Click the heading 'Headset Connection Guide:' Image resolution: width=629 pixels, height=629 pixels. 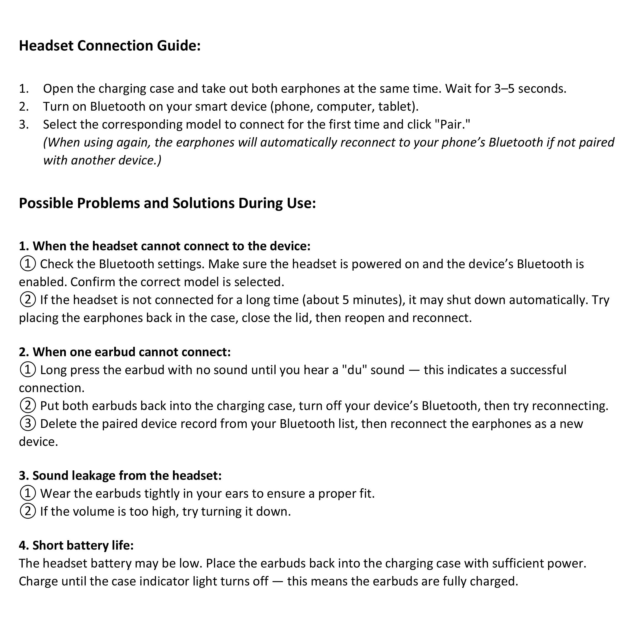110,46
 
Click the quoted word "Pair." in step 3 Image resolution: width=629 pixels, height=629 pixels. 453,124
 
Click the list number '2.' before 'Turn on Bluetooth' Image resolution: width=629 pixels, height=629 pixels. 24,106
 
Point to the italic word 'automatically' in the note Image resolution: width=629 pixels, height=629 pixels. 298,142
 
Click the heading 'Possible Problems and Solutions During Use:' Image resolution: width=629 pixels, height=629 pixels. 167,203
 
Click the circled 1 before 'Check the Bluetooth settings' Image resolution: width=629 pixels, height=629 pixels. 28,264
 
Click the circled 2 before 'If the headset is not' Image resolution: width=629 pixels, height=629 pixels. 28,300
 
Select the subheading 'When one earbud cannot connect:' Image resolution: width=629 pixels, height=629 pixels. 125,352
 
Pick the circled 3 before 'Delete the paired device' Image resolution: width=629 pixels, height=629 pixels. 28,423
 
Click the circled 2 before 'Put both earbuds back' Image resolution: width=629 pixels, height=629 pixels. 28,406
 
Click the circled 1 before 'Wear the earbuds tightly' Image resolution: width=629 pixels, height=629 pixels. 28,494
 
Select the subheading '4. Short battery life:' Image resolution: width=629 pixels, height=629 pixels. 76,545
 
